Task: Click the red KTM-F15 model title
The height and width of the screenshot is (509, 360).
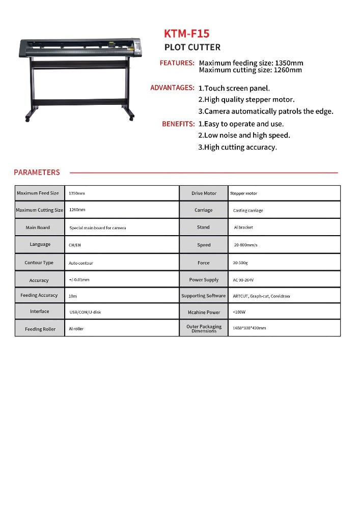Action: pyautogui.click(x=186, y=34)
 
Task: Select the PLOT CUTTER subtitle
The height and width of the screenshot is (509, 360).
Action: pyautogui.click(x=192, y=47)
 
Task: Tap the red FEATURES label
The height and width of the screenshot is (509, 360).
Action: pyautogui.click(x=177, y=63)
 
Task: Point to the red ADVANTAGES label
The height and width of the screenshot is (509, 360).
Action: pyautogui.click(x=172, y=88)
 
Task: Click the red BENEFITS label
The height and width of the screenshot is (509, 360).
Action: pyautogui.click(x=178, y=124)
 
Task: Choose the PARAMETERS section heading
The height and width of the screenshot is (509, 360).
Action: pyautogui.click(x=37, y=173)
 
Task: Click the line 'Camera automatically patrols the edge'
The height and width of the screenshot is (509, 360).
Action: pyautogui.click(x=266, y=111)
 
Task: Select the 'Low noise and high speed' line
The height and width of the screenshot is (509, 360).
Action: pyautogui.click(x=244, y=135)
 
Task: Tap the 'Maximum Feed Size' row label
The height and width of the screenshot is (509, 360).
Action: pyautogui.click(x=38, y=193)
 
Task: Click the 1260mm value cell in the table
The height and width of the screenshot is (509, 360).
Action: pyautogui.click(x=77, y=210)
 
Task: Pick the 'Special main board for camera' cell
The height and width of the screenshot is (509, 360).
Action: pyautogui.click(x=97, y=228)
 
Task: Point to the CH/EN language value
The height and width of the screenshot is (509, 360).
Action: pyautogui.click(x=74, y=245)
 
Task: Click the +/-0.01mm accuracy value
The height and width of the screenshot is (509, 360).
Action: pyautogui.click(x=79, y=280)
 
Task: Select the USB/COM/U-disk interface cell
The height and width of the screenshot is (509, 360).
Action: pyautogui.click(x=85, y=312)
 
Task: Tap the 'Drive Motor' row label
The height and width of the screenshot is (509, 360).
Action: pyautogui.click(x=204, y=193)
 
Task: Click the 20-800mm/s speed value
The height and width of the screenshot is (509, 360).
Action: pyautogui.click(x=245, y=245)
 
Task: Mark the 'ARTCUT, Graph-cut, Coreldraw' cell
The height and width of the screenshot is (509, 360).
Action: pyautogui.click(x=261, y=296)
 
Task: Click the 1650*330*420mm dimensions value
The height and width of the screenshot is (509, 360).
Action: pyautogui.click(x=250, y=328)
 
